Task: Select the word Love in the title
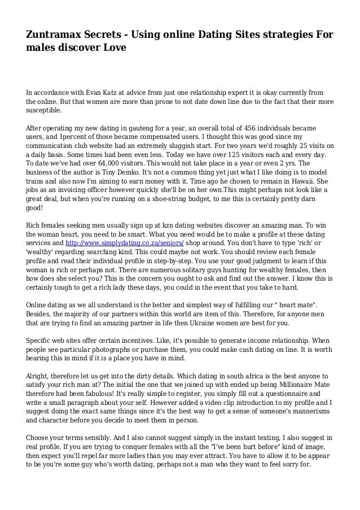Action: [x=109, y=49]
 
